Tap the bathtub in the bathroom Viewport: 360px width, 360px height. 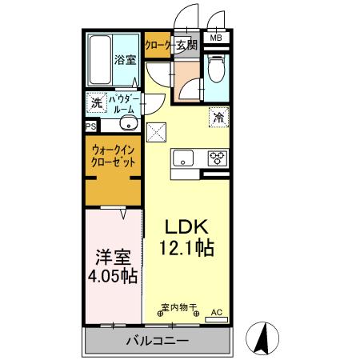(x=100, y=61)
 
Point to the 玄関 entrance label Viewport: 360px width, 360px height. (x=186, y=46)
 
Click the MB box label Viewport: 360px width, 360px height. (x=216, y=38)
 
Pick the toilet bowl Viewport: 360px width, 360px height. (x=216, y=70)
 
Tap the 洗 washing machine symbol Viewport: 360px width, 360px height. (x=96, y=102)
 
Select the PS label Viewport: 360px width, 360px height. (x=90, y=126)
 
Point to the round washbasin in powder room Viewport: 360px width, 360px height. (x=126, y=124)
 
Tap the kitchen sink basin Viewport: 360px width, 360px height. (x=183, y=158)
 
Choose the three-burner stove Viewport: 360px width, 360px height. (x=217, y=158)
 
